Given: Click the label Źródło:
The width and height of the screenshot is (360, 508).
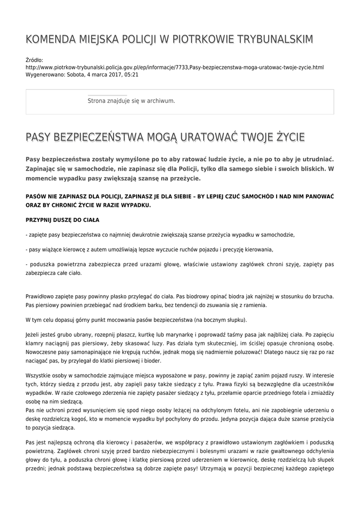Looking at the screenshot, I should coord(34,60).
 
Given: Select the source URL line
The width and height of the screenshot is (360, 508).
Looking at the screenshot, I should coord(174,67).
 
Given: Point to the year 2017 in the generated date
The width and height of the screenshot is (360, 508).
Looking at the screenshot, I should coord(114,75).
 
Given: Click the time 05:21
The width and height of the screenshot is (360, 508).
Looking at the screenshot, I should coord(132,75).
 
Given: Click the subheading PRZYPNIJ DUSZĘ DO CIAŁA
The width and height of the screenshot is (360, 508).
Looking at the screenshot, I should coord(62,219).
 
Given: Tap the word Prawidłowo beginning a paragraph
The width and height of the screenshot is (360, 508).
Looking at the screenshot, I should coord(40,297).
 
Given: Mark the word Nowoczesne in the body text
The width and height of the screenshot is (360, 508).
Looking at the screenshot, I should coord(42,351).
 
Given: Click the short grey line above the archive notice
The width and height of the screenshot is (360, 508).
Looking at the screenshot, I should coord(107,95).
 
